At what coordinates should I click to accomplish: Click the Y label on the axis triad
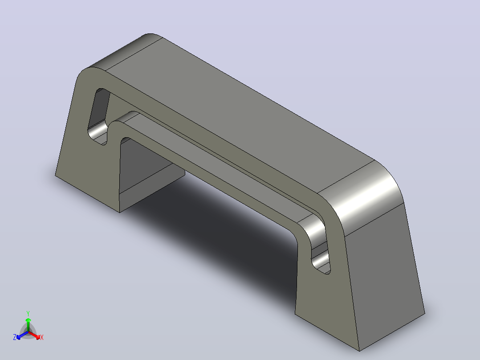[x=28, y=313]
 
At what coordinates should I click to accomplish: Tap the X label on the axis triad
[x=42, y=337]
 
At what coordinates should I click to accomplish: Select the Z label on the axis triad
[x=15, y=337]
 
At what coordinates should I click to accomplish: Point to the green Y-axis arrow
[x=28, y=325]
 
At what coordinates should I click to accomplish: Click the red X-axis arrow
[x=34, y=335]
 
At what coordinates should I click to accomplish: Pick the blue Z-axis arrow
[x=22, y=335]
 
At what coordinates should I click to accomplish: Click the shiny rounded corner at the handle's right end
[x=361, y=196]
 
